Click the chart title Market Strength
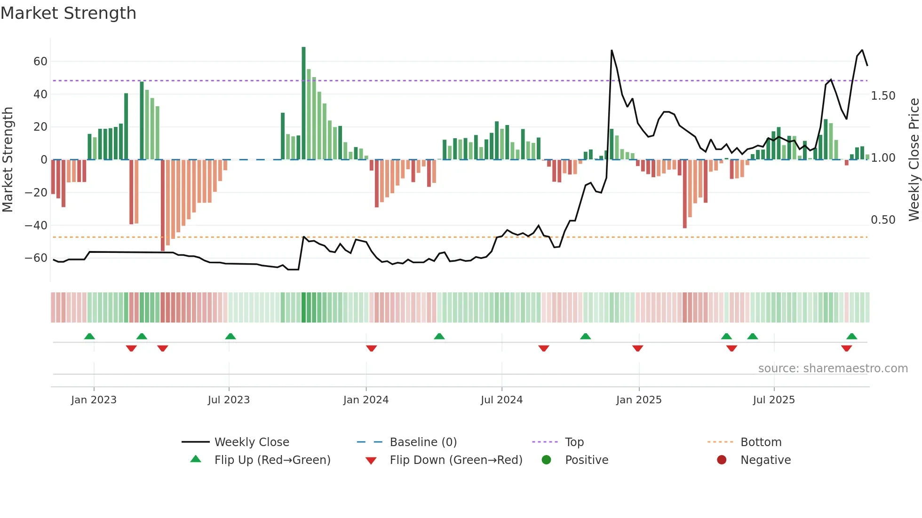tap(68, 13)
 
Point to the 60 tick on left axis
tap(40, 62)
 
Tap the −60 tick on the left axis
tap(36, 258)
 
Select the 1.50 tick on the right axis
tap(883, 96)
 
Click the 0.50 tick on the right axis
tap(883, 220)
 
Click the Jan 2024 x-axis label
tap(366, 400)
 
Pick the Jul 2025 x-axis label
tap(774, 400)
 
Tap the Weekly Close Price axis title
tap(914, 160)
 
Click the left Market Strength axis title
tap(8, 160)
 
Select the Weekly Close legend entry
tap(252, 442)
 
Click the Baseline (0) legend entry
tap(423, 442)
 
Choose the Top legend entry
tap(574, 442)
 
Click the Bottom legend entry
tap(761, 442)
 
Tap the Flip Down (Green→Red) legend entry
tap(456, 460)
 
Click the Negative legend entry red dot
tap(722, 460)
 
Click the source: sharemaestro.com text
tap(833, 369)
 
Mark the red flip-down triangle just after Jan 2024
tap(371, 348)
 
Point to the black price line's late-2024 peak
tap(612, 50)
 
